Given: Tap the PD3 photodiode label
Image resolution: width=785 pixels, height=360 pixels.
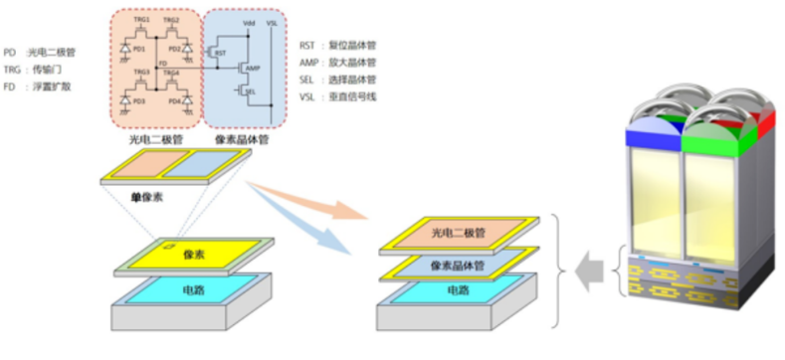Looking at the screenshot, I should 138,100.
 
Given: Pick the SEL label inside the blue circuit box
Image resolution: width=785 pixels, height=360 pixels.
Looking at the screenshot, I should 250,91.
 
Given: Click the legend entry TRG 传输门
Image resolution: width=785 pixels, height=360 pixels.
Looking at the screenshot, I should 43,69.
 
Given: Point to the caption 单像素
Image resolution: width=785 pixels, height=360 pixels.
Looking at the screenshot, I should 146,197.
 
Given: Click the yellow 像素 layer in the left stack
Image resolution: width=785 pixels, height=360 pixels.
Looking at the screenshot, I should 195,255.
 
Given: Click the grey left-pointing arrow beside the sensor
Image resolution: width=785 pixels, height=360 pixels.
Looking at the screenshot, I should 596,268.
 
